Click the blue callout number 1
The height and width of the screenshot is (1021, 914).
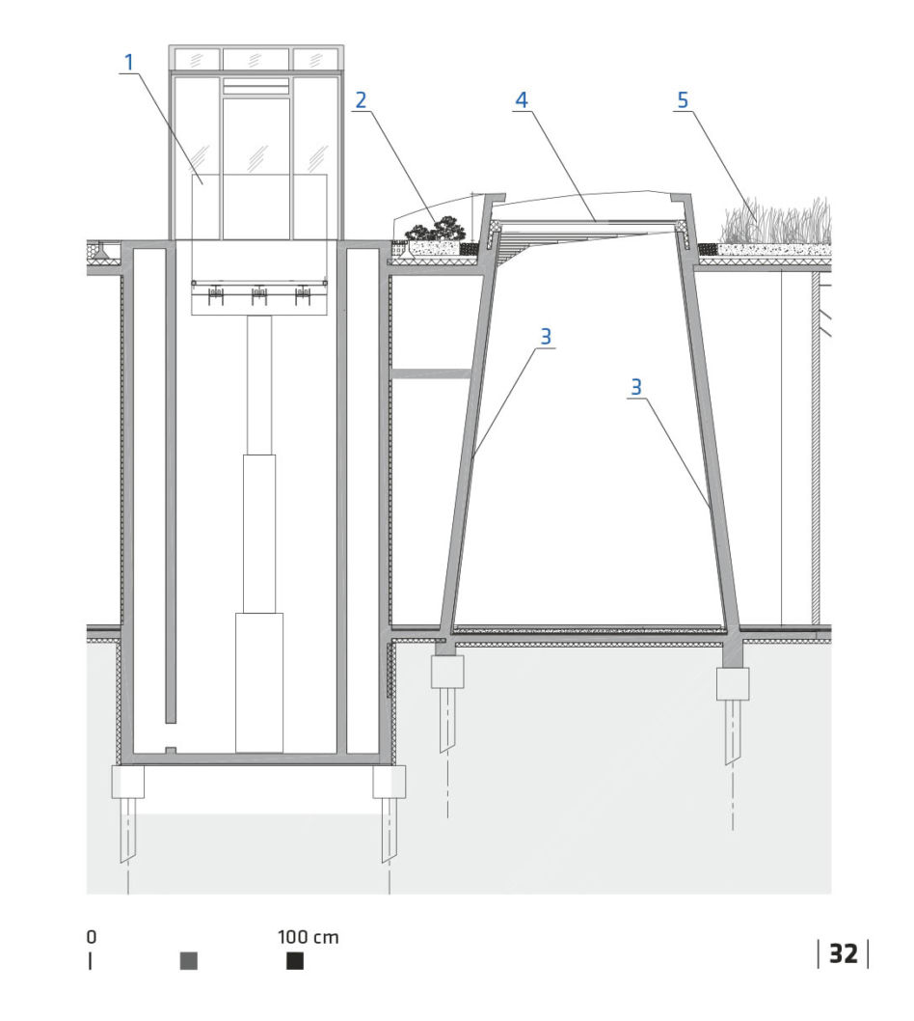[129, 63]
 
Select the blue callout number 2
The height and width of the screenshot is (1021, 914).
[361, 100]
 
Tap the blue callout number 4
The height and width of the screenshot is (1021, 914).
[521, 100]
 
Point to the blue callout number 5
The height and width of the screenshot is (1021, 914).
[683, 100]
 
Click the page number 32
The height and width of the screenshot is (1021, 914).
[843, 954]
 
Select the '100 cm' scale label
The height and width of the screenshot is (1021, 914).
[308, 937]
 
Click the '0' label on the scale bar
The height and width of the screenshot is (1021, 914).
[91, 937]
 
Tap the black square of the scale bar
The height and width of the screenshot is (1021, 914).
[295, 960]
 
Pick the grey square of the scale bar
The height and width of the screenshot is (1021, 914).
[189, 960]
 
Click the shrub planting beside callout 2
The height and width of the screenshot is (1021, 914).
[435, 229]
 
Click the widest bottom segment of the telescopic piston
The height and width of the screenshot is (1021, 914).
[259, 682]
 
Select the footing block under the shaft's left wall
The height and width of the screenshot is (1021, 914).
[128, 782]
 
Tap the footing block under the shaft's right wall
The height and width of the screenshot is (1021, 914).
[389, 782]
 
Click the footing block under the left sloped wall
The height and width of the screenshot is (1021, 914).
[447, 672]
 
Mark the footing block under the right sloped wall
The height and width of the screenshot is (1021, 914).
[733, 683]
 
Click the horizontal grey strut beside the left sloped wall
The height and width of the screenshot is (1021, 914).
[430, 373]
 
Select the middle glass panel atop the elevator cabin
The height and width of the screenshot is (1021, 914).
[256, 59]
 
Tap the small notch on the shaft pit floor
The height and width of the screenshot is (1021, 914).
[171, 750]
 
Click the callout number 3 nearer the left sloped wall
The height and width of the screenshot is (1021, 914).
[546, 337]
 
